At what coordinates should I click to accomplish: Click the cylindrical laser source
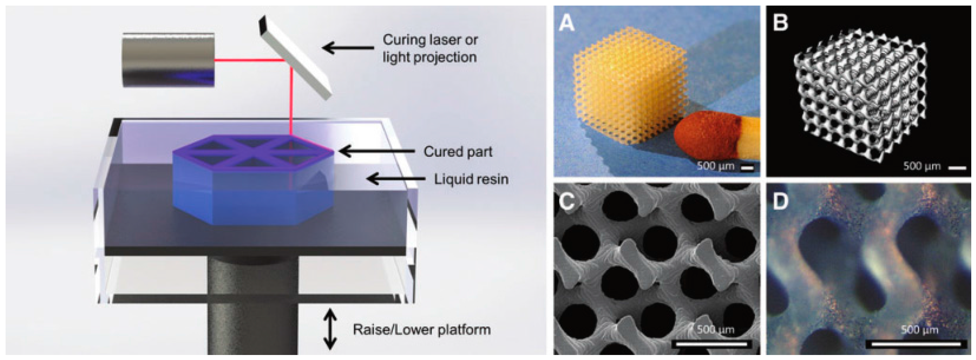coord(168,60)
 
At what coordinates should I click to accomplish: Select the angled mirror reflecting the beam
coord(295,59)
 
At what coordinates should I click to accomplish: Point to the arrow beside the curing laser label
coord(348,48)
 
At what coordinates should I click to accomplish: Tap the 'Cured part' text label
coord(458,152)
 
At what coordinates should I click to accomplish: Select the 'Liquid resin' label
coord(471,179)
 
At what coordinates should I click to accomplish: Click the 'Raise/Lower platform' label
coord(421,329)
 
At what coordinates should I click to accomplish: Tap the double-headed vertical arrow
coord(330,329)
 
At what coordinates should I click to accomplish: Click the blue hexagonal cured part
coord(253,182)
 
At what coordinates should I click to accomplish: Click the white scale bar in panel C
coord(711,344)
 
